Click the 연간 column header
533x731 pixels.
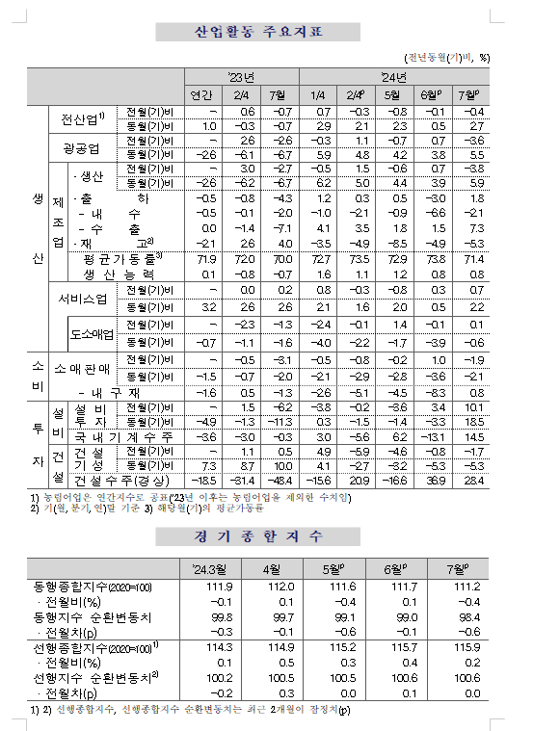(x=201, y=93)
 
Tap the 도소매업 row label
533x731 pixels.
(x=92, y=334)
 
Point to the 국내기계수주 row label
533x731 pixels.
(x=119, y=436)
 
